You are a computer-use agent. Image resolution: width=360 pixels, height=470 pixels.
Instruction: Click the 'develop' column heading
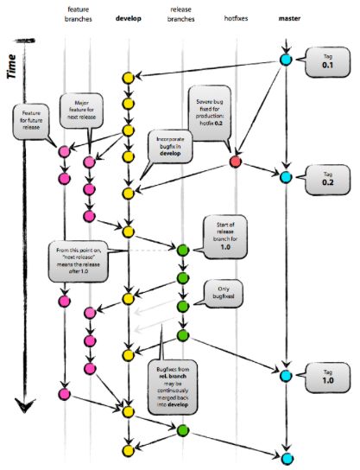click(x=129, y=16)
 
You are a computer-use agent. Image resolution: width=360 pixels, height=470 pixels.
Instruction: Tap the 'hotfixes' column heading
click(x=234, y=16)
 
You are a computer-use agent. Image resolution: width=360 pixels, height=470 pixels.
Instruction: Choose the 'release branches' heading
click(x=182, y=12)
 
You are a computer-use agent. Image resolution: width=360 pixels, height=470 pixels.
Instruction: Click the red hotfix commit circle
click(x=235, y=162)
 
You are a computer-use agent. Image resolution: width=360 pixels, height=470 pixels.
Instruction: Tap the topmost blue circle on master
click(x=286, y=60)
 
